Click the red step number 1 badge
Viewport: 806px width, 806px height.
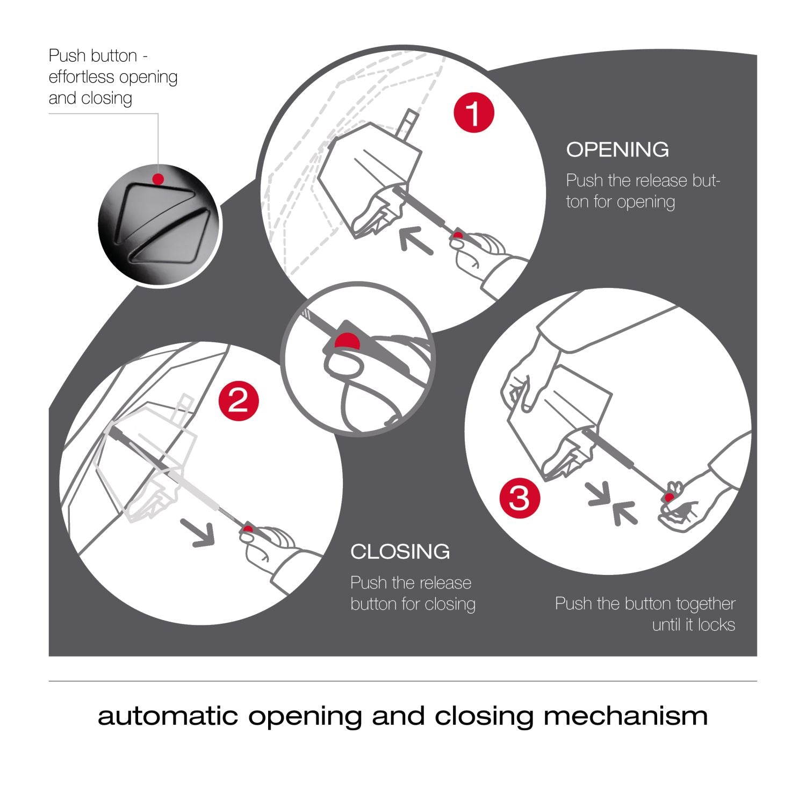point(473,113)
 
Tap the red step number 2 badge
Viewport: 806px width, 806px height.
point(239,400)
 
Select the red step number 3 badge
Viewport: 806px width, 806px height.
point(519,498)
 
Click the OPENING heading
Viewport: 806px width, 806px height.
point(617,149)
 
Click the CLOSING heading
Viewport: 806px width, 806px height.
point(400,551)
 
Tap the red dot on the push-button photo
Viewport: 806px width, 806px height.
point(157,179)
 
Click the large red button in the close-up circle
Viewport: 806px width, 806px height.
point(347,341)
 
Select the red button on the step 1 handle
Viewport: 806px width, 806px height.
point(457,235)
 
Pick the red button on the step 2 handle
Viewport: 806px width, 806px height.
point(247,529)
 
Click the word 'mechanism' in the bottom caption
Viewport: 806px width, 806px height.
point(625,716)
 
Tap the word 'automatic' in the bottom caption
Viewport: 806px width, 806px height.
point(168,716)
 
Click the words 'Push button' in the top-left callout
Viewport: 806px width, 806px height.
point(92,55)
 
